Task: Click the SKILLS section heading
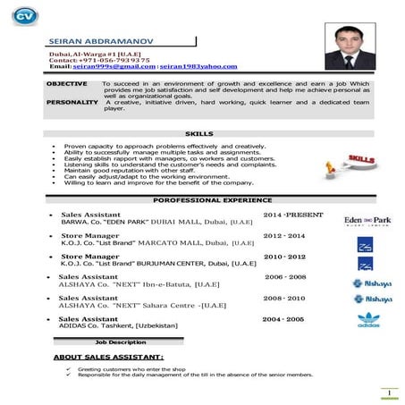click(x=198, y=133)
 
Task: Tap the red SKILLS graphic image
click(x=358, y=164)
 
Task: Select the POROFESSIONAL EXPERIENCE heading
click(x=198, y=201)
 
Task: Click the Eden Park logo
click(x=367, y=220)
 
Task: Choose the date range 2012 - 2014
click(x=284, y=236)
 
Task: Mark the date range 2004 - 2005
click(x=283, y=318)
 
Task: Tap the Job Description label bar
click(x=121, y=342)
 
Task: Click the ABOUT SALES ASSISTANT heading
click(x=108, y=357)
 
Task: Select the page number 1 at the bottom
click(x=390, y=393)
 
